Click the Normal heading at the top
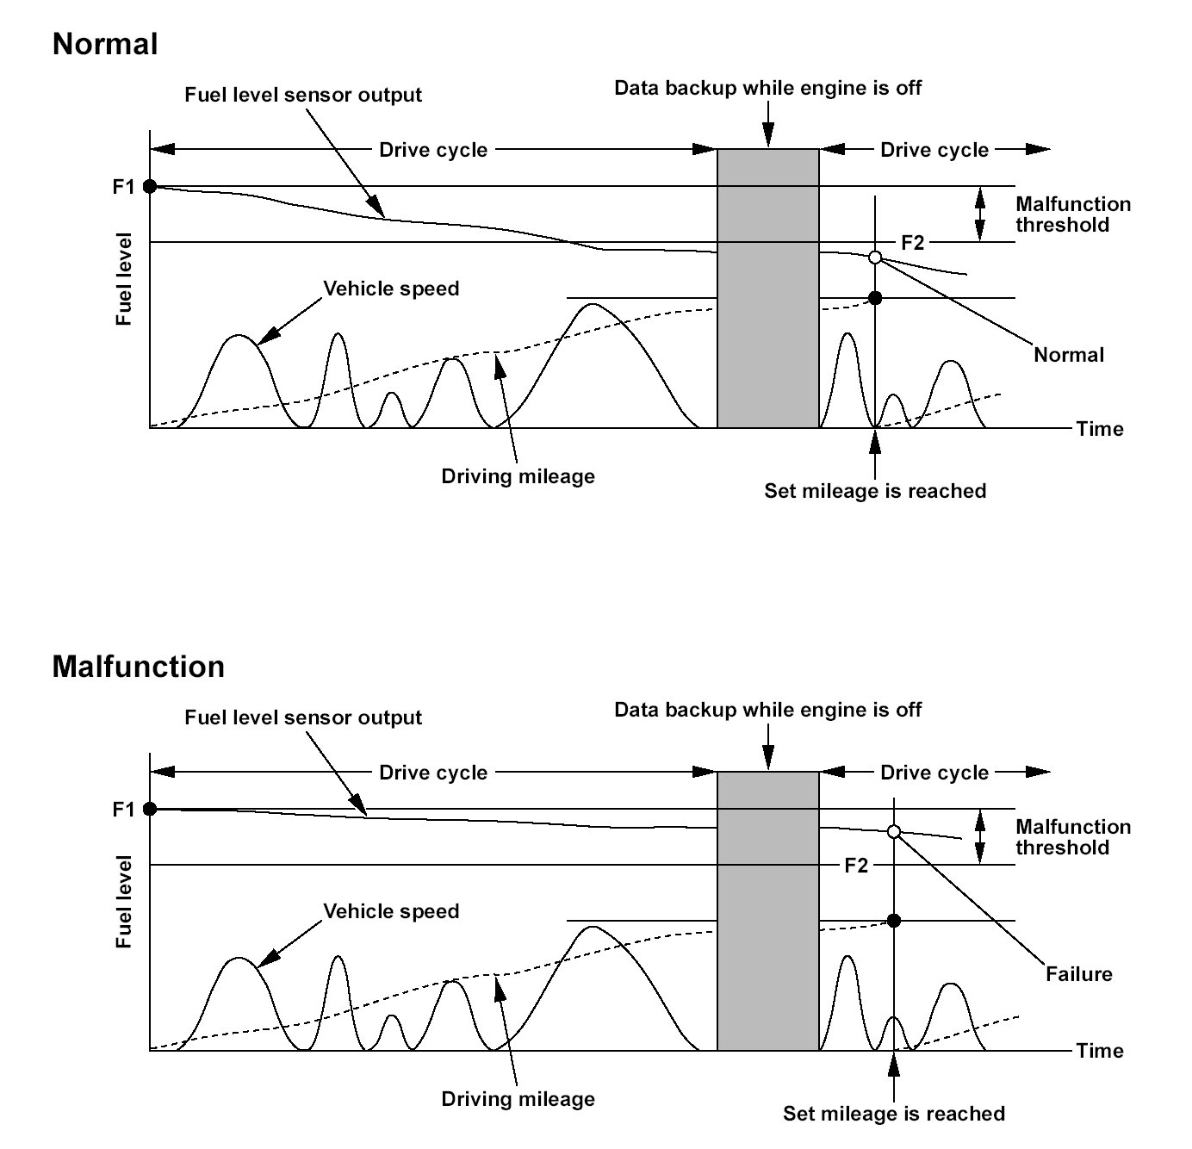tap(105, 44)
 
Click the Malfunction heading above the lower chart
tap(138, 667)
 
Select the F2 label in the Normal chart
tap(912, 243)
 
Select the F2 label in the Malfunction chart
tap(856, 866)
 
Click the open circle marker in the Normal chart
tap(875, 258)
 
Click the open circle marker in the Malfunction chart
tap(894, 831)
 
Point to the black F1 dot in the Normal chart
tap(150, 186)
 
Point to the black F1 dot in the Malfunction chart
tap(150, 809)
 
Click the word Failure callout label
tap(1078, 974)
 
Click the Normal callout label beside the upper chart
tap(1068, 355)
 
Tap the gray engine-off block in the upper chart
tap(768, 289)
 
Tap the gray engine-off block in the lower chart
tap(768, 911)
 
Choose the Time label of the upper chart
tap(1100, 429)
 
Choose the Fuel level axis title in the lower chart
tap(124, 902)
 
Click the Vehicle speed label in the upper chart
tap(391, 289)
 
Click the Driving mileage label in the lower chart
tap(518, 1099)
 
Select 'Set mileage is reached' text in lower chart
tap(893, 1114)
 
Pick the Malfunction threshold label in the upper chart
tap(1073, 214)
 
